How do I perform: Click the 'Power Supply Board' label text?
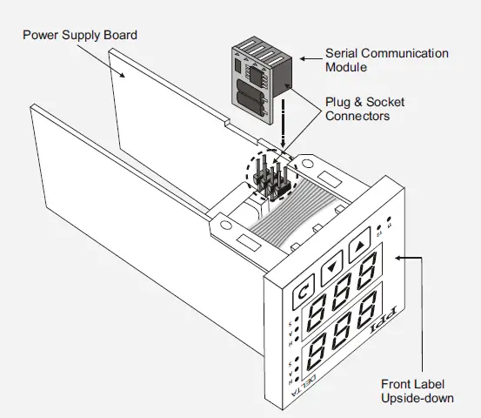79,35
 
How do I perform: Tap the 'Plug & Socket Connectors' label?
364,108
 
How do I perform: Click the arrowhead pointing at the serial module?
304,59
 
